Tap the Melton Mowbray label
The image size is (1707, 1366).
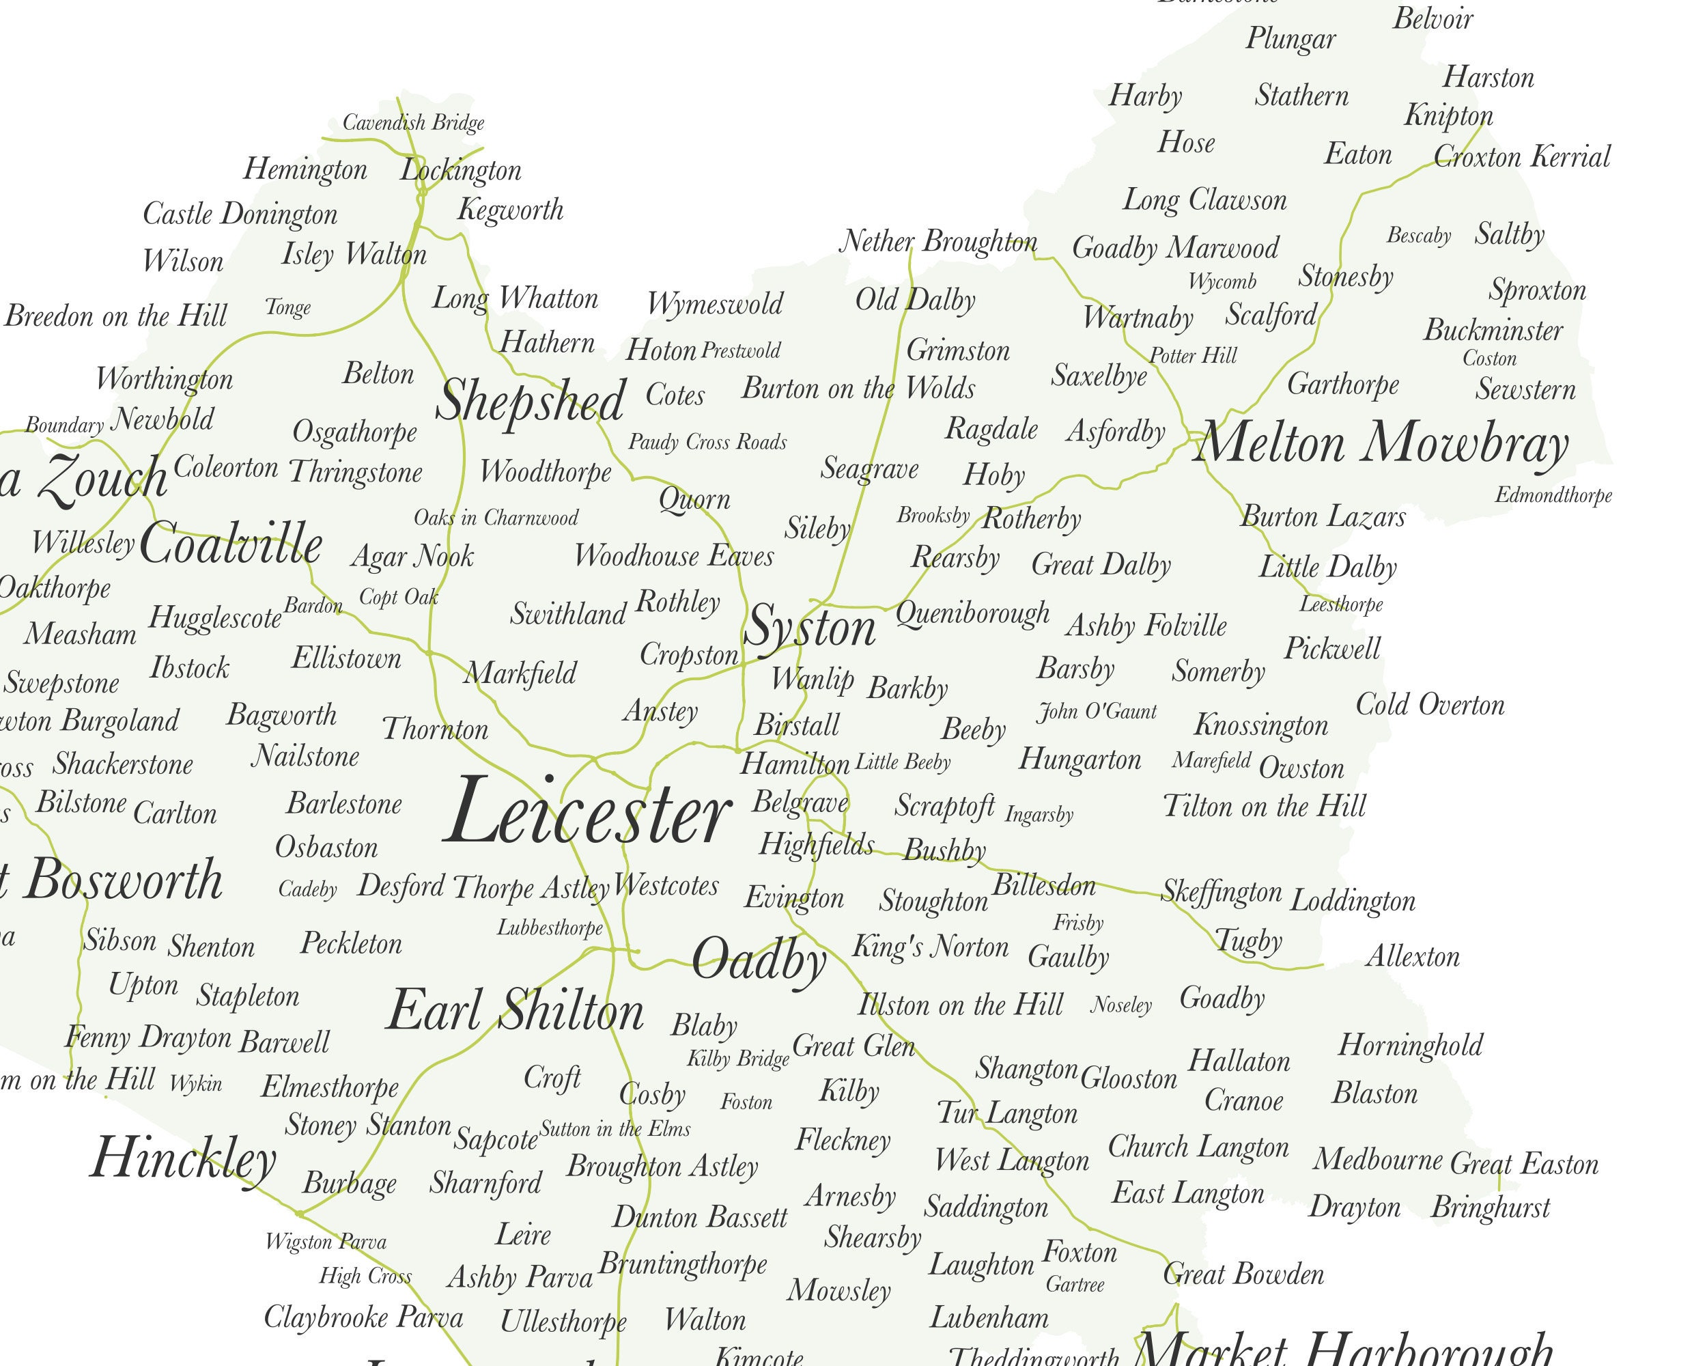(x=1381, y=443)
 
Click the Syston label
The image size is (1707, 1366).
(x=810, y=628)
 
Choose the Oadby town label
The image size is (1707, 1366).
(x=759, y=960)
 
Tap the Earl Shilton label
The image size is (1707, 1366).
(x=516, y=1012)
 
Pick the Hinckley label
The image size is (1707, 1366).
(x=183, y=1158)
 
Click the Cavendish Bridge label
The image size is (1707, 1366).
(x=413, y=123)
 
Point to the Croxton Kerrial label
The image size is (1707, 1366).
(x=1522, y=157)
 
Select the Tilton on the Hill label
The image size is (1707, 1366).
(x=1265, y=806)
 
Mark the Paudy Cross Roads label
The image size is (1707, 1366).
(x=707, y=442)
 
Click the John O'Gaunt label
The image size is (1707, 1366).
(x=1097, y=712)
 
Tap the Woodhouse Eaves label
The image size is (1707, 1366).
(x=674, y=556)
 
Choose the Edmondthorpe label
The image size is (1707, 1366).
(x=1553, y=496)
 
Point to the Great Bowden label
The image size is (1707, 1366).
(x=1243, y=1274)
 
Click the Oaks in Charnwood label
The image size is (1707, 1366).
(x=496, y=518)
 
